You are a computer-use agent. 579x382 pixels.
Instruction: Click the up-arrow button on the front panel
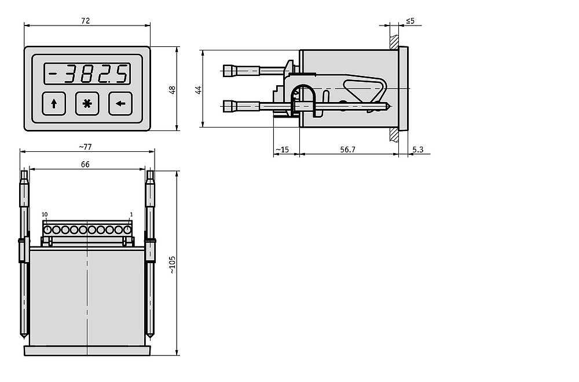point(54,104)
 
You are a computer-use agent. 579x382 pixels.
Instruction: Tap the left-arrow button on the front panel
point(120,104)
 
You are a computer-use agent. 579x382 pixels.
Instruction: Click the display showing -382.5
point(87,74)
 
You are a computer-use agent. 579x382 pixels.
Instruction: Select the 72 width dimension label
point(85,21)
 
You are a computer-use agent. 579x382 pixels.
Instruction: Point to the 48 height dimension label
point(172,90)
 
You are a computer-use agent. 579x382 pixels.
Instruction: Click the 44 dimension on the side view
point(199,89)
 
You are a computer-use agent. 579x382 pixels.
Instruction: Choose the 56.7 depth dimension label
point(347,150)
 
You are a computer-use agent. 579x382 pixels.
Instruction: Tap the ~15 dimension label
point(283,150)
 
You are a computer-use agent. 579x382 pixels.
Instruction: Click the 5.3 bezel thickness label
point(417,150)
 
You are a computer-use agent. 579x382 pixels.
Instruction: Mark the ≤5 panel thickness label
point(411,21)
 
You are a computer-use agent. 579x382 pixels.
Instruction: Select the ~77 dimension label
point(85,147)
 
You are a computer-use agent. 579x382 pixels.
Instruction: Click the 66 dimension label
point(85,164)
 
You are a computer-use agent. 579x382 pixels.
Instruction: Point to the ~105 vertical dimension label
point(173,265)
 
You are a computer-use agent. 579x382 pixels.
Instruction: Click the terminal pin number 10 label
point(45,214)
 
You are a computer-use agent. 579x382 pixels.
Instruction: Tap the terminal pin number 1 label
point(131,214)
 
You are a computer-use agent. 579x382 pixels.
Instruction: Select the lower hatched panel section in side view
point(394,134)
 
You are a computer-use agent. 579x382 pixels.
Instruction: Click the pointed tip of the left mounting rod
point(24,337)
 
